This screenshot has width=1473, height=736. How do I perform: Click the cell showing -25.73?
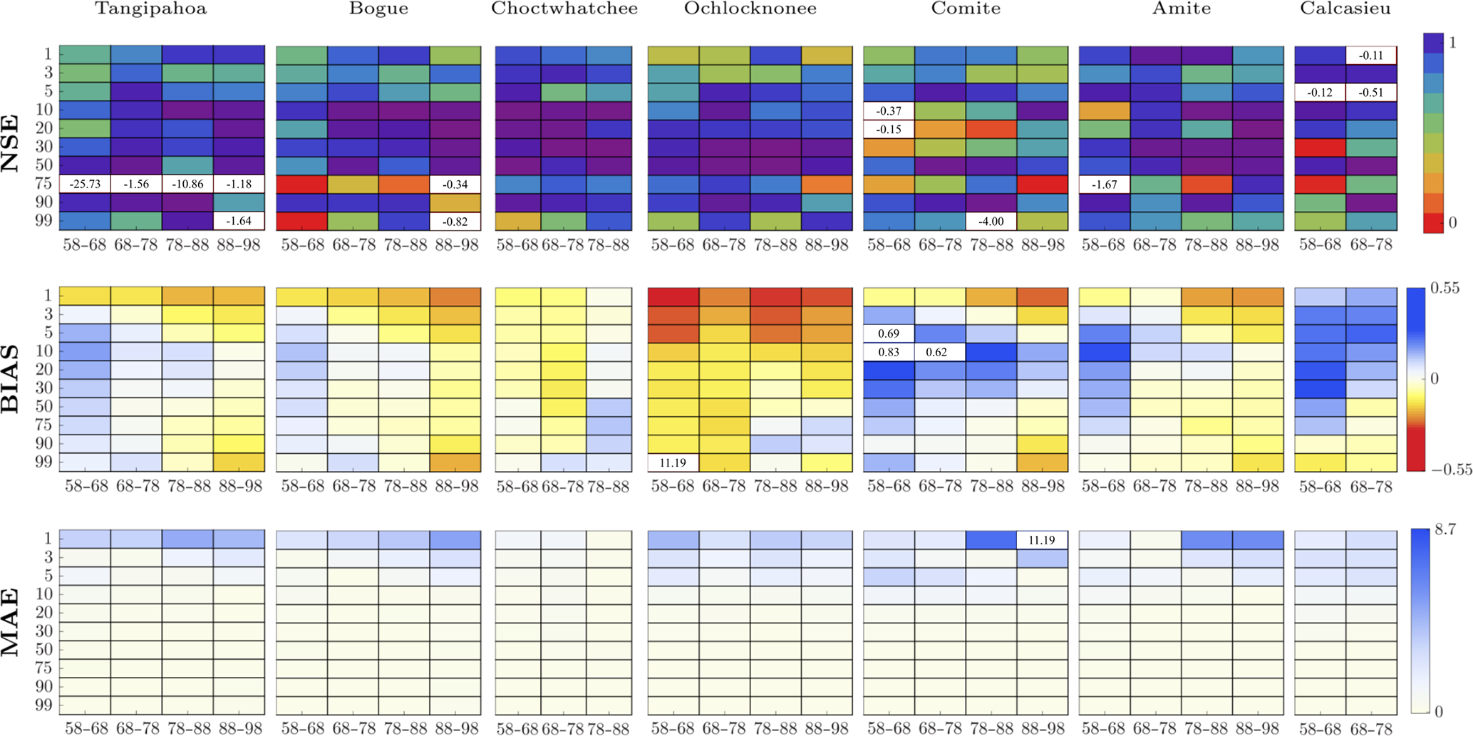[x=85, y=184]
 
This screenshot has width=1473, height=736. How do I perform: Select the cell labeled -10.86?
[x=187, y=184]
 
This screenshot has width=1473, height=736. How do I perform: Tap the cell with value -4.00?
[x=991, y=221]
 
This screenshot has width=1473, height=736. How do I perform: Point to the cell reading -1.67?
[x=1104, y=184]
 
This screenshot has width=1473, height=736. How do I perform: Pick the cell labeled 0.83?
[x=889, y=352]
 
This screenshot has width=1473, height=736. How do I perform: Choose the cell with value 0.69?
[x=889, y=333]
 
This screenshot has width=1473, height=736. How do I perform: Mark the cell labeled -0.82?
[x=455, y=221]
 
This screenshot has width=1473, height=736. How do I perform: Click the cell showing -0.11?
[x=1371, y=55]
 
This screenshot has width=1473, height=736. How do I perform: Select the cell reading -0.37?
[x=889, y=110]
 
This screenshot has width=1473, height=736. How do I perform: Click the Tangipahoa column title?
[x=151, y=9]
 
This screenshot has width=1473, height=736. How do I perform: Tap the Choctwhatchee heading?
[x=564, y=9]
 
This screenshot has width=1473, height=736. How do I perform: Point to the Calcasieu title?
[x=1345, y=9]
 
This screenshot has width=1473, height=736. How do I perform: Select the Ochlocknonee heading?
[x=750, y=9]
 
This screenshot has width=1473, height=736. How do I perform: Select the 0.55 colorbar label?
[x=1444, y=288]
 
